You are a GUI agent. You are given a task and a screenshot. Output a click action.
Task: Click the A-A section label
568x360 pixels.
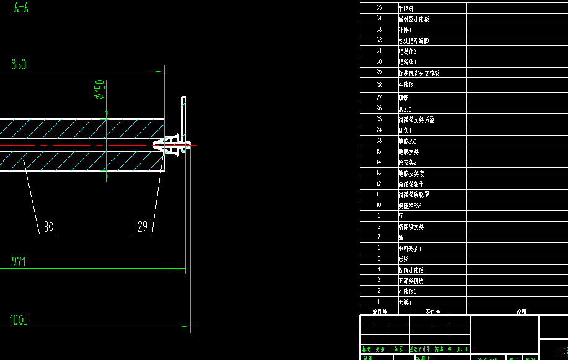tap(20, 8)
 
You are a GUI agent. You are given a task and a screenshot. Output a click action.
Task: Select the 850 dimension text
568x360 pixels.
tap(19, 64)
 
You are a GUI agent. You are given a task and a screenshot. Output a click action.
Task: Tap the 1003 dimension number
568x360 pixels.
tap(19, 320)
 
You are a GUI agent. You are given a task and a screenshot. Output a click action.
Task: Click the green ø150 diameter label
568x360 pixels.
tap(99, 89)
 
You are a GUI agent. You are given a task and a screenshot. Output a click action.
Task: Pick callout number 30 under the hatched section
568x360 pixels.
tap(48, 227)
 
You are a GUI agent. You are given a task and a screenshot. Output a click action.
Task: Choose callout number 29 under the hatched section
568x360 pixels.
tap(142, 227)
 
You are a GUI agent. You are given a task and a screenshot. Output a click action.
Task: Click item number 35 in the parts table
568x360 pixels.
tap(379, 8)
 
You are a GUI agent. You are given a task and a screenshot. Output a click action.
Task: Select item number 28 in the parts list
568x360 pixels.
tap(379, 85)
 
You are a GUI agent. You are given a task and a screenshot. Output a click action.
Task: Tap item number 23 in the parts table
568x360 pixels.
tap(379, 141)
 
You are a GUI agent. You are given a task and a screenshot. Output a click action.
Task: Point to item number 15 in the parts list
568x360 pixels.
tap(379, 151)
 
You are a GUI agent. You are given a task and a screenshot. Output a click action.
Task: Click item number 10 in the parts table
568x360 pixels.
tap(379, 205)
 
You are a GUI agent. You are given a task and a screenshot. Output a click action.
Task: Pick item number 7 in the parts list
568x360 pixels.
tap(379, 237)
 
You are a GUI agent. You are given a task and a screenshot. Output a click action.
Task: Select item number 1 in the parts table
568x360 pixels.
tap(379, 302)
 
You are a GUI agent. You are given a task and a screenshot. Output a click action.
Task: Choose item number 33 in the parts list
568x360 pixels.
tap(379, 30)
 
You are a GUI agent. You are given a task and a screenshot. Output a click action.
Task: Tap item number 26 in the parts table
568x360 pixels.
tap(379, 108)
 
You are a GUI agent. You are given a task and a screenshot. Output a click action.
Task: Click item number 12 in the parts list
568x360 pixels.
tap(379, 183)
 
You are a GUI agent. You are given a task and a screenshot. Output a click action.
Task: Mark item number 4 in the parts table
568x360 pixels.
tap(379, 270)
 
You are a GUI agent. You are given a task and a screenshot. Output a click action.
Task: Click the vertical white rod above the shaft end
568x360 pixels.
tap(183, 115)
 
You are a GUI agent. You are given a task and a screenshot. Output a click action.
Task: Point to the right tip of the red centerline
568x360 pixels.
tap(194, 146)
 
